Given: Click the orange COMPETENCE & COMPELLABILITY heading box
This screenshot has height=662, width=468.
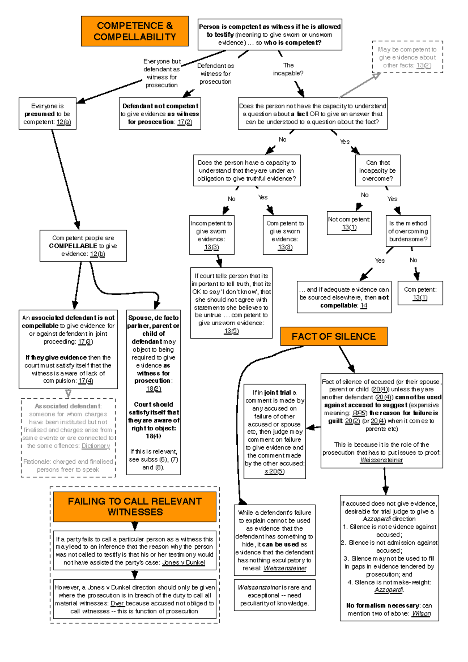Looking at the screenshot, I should (x=135, y=31).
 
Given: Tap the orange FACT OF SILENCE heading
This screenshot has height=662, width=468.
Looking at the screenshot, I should (x=333, y=336).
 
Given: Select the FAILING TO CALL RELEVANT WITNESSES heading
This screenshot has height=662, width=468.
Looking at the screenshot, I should (x=135, y=506).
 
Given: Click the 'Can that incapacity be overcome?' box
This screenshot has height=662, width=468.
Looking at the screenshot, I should (x=378, y=171).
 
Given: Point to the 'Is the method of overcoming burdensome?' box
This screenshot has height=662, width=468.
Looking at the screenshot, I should (x=408, y=231).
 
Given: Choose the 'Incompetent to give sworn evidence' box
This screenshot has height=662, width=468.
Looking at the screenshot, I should (x=211, y=235).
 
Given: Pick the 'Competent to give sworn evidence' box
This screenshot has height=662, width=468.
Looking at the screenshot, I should (x=285, y=235).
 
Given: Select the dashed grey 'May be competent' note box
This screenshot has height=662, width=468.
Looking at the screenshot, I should (x=407, y=57).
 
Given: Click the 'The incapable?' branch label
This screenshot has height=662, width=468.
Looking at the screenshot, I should (x=288, y=69).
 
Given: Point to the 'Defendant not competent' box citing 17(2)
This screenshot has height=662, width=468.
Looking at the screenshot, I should (x=160, y=114).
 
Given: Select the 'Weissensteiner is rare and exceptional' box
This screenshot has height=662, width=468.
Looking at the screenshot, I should (x=274, y=595).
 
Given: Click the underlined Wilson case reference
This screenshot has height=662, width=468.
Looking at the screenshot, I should (x=421, y=614).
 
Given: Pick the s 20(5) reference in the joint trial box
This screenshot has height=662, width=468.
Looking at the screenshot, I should (x=274, y=471).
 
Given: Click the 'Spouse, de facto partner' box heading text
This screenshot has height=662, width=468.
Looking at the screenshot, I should (x=153, y=322).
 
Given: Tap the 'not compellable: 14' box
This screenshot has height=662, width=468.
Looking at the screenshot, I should (x=344, y=297).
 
